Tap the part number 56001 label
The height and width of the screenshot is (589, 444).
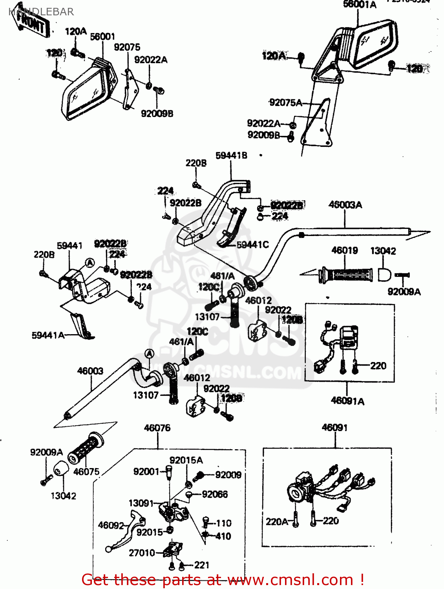click(x=102, y=37)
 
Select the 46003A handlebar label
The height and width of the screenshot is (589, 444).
click(x=345, y=205)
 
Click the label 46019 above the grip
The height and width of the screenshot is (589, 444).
click(x=344, y=251)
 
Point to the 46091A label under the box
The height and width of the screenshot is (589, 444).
click(x=347, y=401)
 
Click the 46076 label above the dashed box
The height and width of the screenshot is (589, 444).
click(x=157, y=428)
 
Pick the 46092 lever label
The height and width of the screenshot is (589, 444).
click(x=111, y=525)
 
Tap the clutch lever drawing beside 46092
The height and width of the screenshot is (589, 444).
click(x=126, y=534)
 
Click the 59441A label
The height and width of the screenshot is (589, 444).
click(x=48, y=335)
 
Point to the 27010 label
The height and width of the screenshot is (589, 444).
click(x=142, y=553)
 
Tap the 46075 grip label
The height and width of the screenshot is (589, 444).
click(x=86, y=472)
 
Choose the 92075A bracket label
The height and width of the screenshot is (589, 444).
click(x=285, y=103)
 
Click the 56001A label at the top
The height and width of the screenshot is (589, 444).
click(x=360, y=5)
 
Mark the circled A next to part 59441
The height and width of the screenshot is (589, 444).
click(x=90, y=263)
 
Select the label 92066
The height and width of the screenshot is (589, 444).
click(x=215, y=494)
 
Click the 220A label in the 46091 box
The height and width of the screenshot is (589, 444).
click(x=276, y=522)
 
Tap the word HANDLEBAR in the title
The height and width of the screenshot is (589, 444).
click(x=41, y=12)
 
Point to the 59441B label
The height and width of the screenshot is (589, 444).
click(x=231, y=155)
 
